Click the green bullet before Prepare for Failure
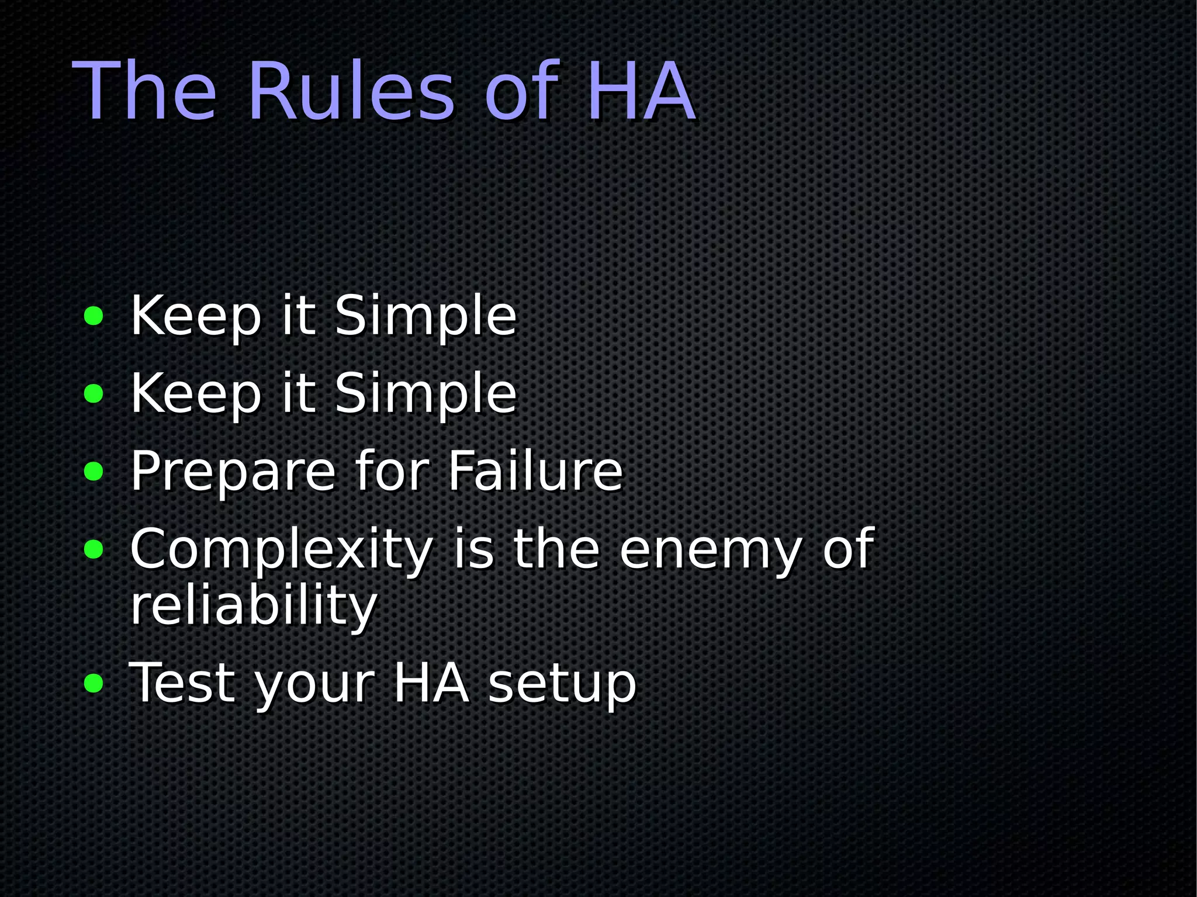(94, 471)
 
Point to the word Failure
(535, 471)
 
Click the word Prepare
(233, 471)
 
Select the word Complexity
(281, 549)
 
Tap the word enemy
(710, 549)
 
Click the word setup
(562, 684)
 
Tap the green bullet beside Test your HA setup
(94, 683)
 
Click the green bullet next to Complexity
(94, 549)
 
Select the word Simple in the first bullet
(425, 316)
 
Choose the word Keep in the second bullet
(196, 394)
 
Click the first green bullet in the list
(94, 316)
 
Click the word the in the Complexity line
(556, 549)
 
